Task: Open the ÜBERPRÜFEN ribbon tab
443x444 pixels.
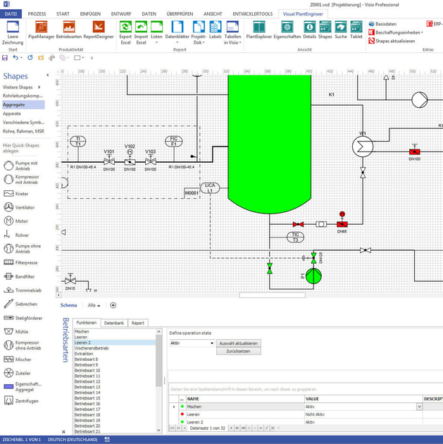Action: (180, 13)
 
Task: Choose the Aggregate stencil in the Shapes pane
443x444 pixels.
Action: (14, 104)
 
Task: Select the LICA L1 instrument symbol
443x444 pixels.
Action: (210, 188)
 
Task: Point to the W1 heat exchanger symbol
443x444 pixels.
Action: (363, 145)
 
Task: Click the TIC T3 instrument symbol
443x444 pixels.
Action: (296, 237)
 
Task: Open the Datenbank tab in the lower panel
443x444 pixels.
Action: (114, 323)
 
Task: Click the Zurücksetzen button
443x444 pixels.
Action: (239, 350)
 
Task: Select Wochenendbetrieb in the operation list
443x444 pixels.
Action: (92, 348)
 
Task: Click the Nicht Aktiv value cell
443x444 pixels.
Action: (316, 414)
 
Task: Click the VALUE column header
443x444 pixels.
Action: (312, 398)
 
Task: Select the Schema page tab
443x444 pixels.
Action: (68, 305)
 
